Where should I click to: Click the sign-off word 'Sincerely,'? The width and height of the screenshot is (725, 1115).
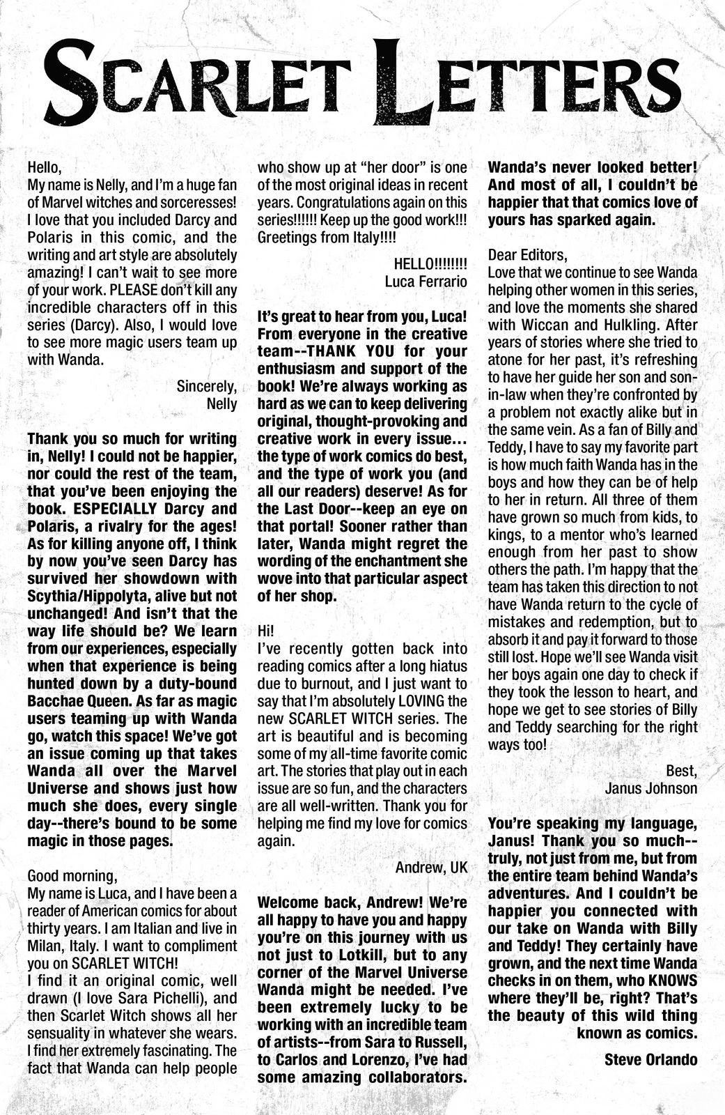207,385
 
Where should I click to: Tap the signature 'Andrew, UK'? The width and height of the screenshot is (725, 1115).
431,868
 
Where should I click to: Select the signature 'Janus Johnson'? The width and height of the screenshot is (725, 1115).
651,788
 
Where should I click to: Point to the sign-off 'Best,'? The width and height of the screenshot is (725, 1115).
681,771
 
